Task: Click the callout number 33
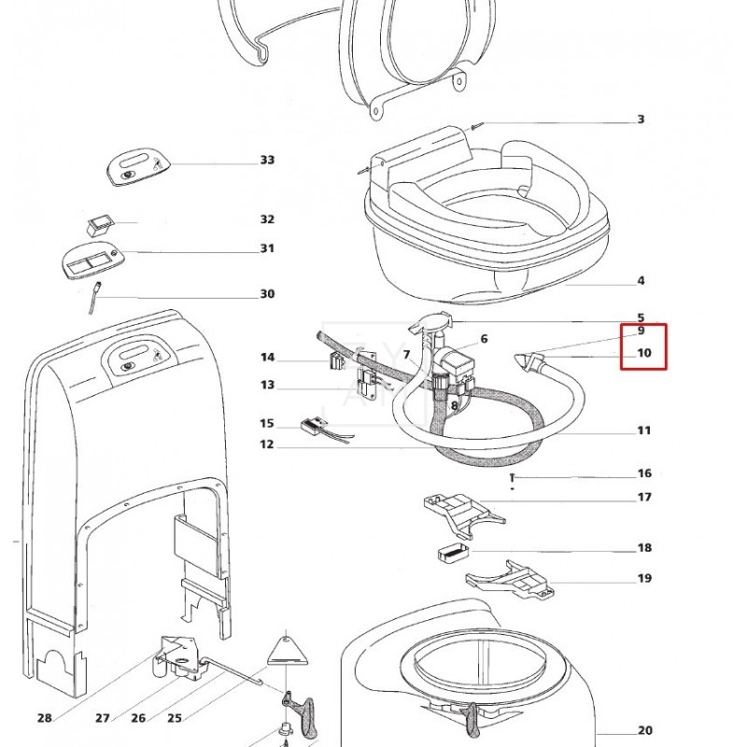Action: point(267,161)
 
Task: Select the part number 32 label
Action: point(267,219)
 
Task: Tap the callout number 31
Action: point(267,248)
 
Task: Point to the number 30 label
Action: point(267,294)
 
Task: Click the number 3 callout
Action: point(641,120)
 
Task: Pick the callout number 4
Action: point(641,281)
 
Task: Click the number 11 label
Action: point(643,430)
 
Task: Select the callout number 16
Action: point(643,474)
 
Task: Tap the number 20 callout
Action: point(643,731)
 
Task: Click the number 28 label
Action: point(45,718)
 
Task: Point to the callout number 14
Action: point(267,358)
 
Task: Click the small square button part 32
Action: point(98,224)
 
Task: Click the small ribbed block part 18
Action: point(451,551)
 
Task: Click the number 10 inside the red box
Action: point(643,354)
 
